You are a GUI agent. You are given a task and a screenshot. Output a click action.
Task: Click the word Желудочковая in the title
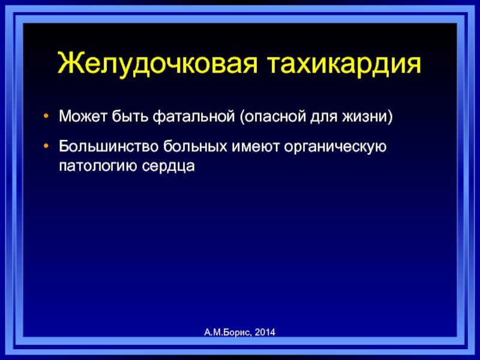coord(157,65)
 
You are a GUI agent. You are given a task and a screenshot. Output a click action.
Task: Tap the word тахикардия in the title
coord(344,65)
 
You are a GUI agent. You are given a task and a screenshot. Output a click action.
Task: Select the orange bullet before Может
coord(46,116)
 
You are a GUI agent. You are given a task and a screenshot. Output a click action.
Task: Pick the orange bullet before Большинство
coord(46,146)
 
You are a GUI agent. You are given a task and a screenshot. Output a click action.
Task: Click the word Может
coord(83,116)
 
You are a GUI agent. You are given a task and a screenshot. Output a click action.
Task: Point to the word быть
coord(130,116)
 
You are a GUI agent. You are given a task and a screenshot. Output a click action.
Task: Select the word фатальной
coord(194,117)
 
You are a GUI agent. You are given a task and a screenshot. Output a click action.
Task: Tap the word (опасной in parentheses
coord(272,117)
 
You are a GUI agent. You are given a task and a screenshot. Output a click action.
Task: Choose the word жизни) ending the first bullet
coord(367,117)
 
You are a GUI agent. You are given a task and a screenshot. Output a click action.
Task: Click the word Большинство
coord(109,146)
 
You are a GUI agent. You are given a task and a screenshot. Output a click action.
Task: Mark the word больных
coord(196,146)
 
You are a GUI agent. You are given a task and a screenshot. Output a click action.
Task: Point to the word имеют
coord(256,147)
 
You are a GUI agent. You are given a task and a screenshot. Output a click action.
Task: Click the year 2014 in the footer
coord(265,332)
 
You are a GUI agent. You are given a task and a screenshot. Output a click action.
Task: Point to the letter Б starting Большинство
coord(64,146)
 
